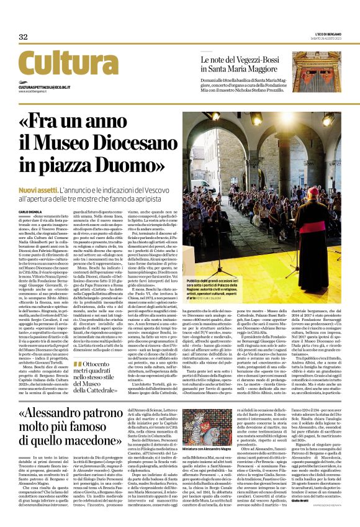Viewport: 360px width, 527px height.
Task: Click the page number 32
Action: (x=23, y=37)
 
